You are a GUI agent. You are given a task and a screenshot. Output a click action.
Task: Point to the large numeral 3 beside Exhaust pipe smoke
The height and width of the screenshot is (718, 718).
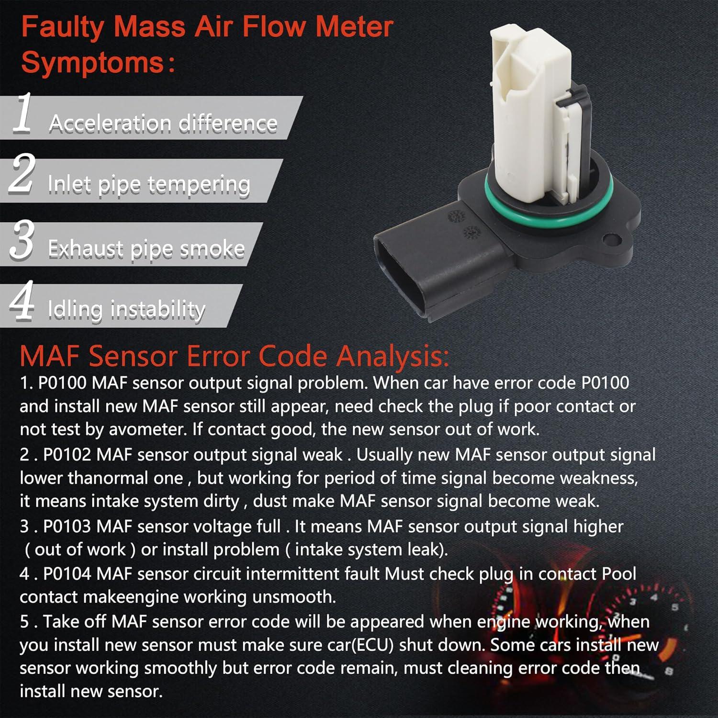pos(22,240)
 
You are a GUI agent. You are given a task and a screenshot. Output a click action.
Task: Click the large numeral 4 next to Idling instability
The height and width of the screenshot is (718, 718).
pos(22,301)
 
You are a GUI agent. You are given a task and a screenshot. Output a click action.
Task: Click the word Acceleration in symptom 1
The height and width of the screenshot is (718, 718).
pos(110,123)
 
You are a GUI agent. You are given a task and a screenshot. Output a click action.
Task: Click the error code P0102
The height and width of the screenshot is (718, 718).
pos(67,455)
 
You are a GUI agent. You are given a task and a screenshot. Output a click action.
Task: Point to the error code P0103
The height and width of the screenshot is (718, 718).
pos(67,527)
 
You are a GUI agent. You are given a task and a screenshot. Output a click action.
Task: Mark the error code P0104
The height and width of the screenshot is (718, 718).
pos(67,574)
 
